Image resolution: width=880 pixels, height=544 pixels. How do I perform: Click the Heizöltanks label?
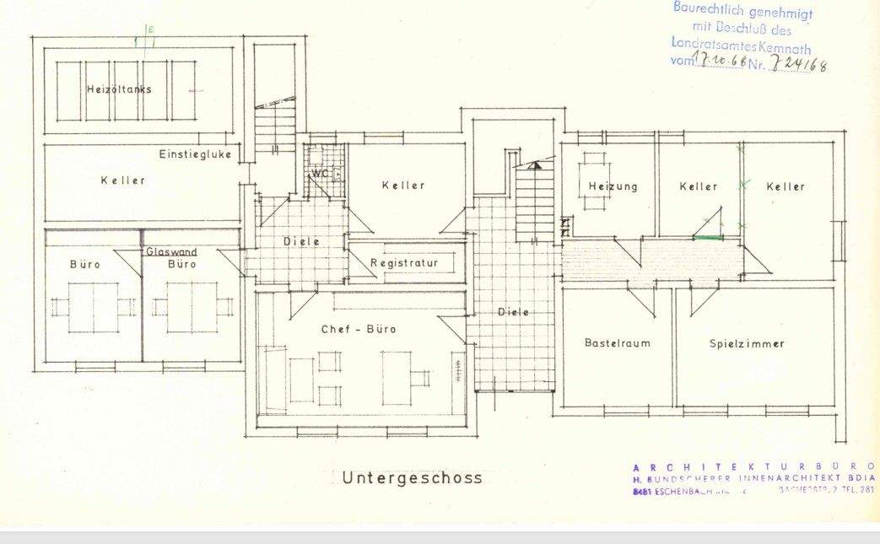coord(118,89)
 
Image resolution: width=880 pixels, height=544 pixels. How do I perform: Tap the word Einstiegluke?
coord(195,154)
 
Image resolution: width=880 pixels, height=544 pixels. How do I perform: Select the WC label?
coord(320,174)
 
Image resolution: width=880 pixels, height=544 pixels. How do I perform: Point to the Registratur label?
coord(404,263)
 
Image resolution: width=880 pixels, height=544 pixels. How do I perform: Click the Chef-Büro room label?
coord(359,329)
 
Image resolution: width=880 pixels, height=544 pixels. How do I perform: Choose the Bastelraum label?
coord(617,343)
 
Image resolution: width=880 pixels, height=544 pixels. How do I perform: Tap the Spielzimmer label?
coord(747,343)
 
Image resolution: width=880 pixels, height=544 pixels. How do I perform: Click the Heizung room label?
coord(613,186)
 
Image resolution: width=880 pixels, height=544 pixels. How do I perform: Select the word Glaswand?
coord(171,252)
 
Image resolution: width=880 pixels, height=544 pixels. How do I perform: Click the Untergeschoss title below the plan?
coord(413,478)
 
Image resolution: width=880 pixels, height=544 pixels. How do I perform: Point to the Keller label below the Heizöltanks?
coord(122,180)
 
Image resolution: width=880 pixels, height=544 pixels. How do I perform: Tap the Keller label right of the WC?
coord(402,186)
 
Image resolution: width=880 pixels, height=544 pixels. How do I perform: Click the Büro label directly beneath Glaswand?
coord(181,264)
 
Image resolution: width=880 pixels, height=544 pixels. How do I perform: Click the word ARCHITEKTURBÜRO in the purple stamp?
coord(753,466)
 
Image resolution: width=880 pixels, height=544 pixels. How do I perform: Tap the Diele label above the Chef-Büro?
coord(300,241)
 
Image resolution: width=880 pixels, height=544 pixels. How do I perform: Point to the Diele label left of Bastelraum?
coord(513,312)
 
